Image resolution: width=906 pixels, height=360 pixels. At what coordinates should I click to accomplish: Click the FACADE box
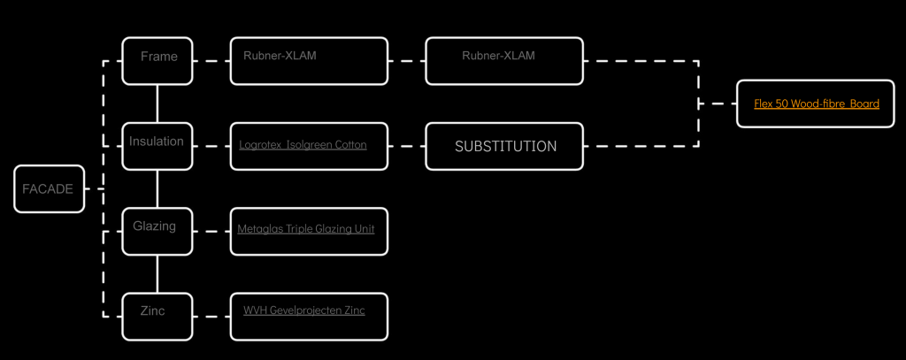pyautogui.click(x=49, y=188)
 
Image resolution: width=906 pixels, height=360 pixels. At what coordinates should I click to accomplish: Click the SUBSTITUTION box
pyautogui.click(x=505, y=146)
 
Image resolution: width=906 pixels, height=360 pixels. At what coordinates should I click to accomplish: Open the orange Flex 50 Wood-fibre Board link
pyautogui.click(x=816, y=103)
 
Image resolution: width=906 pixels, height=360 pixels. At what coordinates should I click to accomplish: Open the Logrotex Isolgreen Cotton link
pyautogui.click(x=303, y=144)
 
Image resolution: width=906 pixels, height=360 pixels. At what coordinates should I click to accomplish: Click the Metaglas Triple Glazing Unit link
pyautogui.click(x=305, y=229)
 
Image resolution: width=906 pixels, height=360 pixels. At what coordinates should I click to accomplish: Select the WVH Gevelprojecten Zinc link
pyautogui.click(x=303, y=310)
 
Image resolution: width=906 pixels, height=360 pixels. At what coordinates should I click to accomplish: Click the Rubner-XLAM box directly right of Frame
pyautogui.click(x=309, y=60)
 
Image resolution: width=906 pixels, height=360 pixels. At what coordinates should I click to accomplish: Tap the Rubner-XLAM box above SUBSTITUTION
pyautogui.click(x=504, y=60)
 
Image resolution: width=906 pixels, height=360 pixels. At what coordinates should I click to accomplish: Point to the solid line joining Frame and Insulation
pyautogui.click(x=157, y=103)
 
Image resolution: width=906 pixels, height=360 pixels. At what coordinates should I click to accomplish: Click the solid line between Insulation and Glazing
pyautogui.click(x=157, y=188)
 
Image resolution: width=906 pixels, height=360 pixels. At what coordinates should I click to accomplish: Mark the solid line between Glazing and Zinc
pyautogui.click(x=157, y=273)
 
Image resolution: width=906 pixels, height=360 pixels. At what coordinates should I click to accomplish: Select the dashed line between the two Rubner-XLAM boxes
pyautogui.click(x=407, y=61)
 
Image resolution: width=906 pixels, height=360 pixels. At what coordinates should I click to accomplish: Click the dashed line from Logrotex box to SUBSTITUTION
pyautogui.click(x=407, y=146)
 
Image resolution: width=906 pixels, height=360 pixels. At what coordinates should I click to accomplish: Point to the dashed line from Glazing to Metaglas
pyautogui.click(x=211, y=231)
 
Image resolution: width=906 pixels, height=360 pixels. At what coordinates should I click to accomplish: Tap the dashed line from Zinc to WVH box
pyautogui.click(x=211, y=316)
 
